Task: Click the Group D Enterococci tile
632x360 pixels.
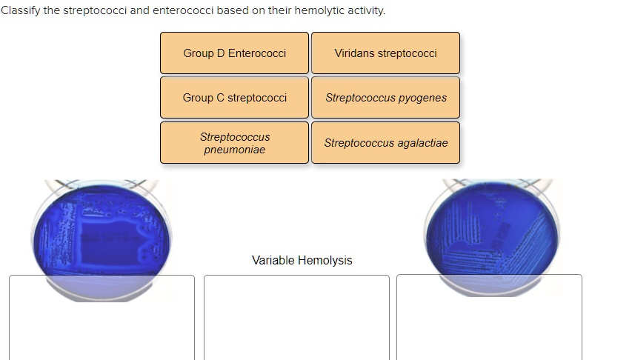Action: (x=234, y=53)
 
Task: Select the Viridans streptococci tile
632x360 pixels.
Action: (x=385, y=53)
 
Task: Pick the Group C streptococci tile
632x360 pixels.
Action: (x=234, y=98)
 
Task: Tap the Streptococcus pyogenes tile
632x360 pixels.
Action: (x=385, y=98)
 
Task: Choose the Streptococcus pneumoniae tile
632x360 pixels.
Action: (x=234, y=143)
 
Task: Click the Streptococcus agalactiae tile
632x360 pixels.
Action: (x=385, y=143)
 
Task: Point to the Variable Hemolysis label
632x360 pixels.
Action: (x=302, y=260)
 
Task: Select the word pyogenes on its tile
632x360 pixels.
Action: (x=422, y=98)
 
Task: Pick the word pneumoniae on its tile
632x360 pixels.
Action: (x=234, y=150)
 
